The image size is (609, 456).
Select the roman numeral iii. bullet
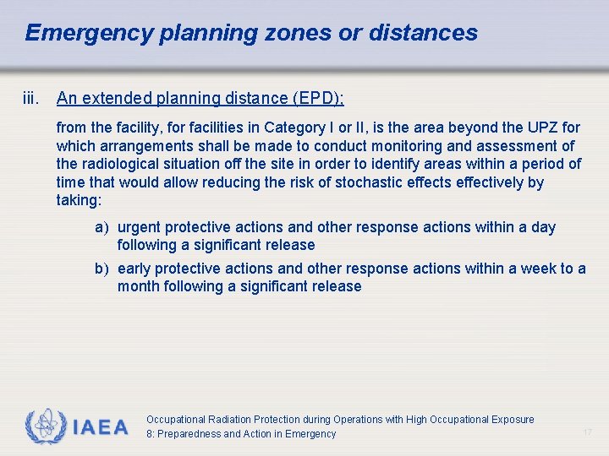point(31,98)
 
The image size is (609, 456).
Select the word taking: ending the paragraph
point(79,201)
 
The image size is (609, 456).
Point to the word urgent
point(139,227)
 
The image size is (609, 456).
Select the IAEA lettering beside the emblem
point(100,427)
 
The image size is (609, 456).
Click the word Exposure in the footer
point(513,420)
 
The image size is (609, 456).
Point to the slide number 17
point(587,432)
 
